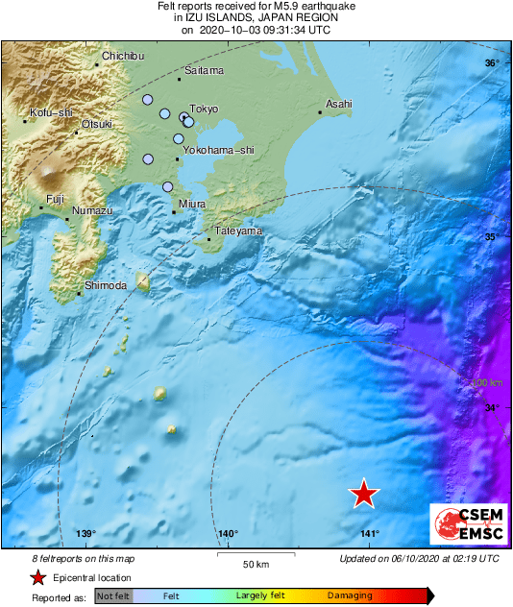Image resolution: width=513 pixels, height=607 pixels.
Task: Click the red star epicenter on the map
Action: click(x=363, y=493)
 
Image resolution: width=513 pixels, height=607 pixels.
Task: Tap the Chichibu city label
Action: click(x=121, y=56)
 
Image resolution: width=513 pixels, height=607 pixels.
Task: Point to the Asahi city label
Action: click(x=339, y=103)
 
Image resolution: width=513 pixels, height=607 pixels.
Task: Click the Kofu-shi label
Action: click(x=51, y=112)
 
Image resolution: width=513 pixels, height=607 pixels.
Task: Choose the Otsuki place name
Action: click(x=97, y=124)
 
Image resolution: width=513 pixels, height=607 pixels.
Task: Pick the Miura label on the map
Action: click(x=192, y=204)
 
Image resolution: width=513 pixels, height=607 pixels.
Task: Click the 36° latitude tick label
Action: click(x=491, y=63)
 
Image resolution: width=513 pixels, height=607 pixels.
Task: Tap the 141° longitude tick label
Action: click(x=370, y=534)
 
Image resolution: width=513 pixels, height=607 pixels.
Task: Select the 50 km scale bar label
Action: click(x=254, y=563)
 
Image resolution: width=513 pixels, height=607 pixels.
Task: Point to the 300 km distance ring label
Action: click(x=489, y=383)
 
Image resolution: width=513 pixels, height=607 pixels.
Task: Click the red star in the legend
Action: click(x=37, y=577)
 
